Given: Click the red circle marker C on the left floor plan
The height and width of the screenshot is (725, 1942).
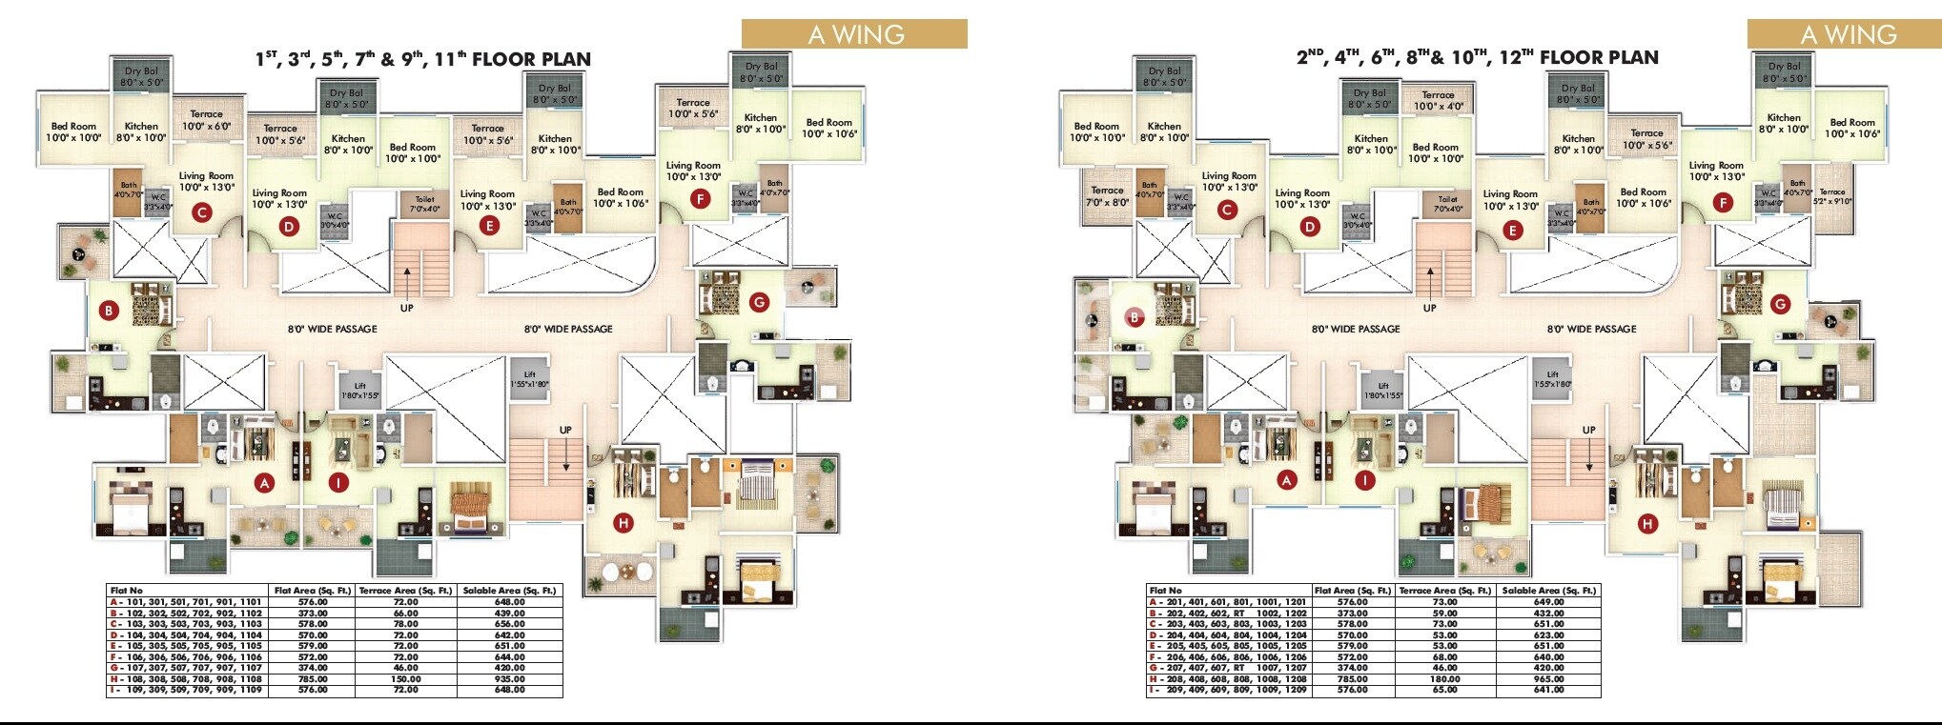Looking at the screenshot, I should pyautogui.click(x=201, y=212).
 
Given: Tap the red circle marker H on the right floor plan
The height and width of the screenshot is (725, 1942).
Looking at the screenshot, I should pyautogui.click(x=1647, y=523).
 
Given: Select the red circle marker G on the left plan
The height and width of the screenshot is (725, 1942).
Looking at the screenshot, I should pyautogui.click(x=759, y=303).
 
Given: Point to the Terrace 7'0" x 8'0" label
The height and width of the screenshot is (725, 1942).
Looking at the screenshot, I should pyautogui.click(x=1107, y=196).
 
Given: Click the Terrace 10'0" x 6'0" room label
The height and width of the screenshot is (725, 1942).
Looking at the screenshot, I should pyautogui.click(x=206, y=121).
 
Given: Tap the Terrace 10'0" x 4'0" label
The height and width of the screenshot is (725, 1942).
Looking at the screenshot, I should pyautogui.click(x=1438, y=100).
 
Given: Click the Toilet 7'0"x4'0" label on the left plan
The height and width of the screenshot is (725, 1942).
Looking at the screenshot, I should pyautogui.click(x=424, y=205).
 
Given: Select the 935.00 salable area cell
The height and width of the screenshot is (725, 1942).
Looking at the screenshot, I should pyautogui.click(x=509, y=678).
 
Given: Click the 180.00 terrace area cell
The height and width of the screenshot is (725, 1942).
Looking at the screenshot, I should pyautogui.click(x=1444, y=678).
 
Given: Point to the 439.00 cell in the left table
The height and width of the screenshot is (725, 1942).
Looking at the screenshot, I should pyautogui.click(x=509, y=613).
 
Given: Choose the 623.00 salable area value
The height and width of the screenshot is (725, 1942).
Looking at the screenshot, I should pyautogui.click(x=1548, y=634).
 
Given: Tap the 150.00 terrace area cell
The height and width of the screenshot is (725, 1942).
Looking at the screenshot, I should pyautogui.click(x=405, y=678).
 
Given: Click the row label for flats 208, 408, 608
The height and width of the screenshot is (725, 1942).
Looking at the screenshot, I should pyautogui.click(x=1228, y=678).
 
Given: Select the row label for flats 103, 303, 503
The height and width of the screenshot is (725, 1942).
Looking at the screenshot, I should pyautogui.click(x=186, y=624).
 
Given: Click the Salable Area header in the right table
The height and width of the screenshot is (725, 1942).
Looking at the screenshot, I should pyautogui.click(x=1548, y=591).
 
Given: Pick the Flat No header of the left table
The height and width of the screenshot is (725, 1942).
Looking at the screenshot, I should pyautogui.click(x=127, y=591).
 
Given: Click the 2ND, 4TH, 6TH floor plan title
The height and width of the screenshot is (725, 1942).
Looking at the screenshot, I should pyautogui.click(x=1477, y=57).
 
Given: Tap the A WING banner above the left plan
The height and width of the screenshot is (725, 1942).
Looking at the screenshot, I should pyautogui.click(x=855, y=34).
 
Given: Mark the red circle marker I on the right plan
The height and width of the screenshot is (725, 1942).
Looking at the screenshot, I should pyautogui.click(x=1365, y=480).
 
